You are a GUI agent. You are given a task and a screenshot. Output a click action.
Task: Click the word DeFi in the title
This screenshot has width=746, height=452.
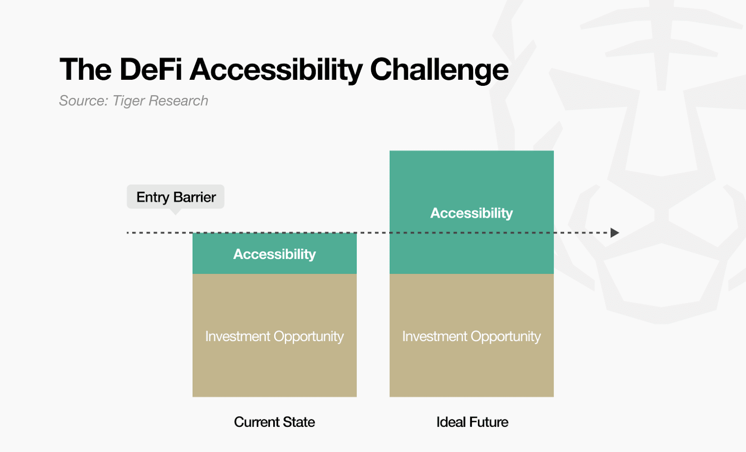pos(151,70)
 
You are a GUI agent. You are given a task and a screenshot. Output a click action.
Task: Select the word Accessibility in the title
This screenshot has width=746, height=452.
pos(276,70)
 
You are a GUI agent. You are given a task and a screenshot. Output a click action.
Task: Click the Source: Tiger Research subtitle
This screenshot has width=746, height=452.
pos(133,101)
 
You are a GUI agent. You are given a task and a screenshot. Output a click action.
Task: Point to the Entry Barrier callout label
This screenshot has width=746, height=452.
pos(175,197)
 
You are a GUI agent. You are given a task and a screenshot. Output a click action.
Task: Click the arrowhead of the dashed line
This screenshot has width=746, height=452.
pos(615,232)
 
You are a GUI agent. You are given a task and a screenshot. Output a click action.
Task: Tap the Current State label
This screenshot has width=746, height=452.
pos(275,422)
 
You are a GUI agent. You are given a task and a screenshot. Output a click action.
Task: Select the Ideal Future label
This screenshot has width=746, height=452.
pos(472,422)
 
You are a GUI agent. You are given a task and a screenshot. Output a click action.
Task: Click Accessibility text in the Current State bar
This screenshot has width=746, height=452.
pos(275,254)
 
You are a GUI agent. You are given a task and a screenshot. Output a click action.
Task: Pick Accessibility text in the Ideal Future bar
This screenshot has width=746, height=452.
pos(471,213)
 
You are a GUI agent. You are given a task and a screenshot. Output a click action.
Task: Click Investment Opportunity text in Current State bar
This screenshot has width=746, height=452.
pos(275,336)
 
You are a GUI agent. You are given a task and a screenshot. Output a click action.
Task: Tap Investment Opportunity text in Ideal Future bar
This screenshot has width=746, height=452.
pos(471,336)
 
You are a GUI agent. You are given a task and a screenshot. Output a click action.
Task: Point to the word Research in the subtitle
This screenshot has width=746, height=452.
pos(178,101)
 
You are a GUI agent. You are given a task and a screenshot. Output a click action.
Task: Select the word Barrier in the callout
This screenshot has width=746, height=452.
pos(195,197)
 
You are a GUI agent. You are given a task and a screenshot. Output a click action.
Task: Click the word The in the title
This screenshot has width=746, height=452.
pos(85,70)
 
